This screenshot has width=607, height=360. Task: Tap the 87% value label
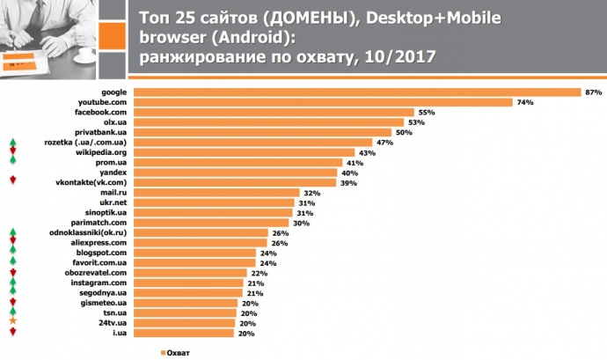[592, 92]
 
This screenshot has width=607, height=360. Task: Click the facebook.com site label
[105, 112]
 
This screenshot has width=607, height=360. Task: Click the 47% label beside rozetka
[383, 142]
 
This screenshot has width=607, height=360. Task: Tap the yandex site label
[115, 172]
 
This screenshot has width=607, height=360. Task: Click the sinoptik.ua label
[107, 212]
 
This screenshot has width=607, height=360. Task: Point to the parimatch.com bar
[211, 223]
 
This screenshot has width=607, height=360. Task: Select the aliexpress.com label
[104, 242]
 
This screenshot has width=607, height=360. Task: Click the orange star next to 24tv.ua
[12, 322]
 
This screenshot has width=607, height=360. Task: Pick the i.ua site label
[121, 333]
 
